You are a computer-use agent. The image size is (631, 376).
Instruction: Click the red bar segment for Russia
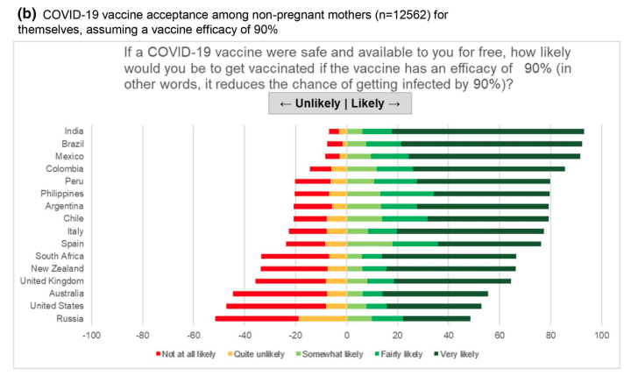tap(257, 318)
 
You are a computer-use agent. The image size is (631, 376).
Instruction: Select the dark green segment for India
tap(488, 131)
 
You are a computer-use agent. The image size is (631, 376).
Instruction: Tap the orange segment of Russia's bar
tap(323, 318)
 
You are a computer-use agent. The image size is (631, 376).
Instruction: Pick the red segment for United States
tap(276, 306)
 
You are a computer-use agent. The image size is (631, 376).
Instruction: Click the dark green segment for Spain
tap(489, 244)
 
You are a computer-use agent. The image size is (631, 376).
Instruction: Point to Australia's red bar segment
tap(280, 294)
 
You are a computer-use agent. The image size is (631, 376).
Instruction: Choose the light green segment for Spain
tap(370, 244)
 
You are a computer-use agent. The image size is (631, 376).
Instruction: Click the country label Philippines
tap(62, 194)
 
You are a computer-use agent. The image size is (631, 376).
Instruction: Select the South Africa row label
tap(60, 256)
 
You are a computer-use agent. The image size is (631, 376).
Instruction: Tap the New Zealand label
tap(58, 268)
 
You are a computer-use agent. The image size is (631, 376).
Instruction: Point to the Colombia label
tap(64, 168)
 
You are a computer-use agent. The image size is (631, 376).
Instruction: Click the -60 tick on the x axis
tap(193, 336)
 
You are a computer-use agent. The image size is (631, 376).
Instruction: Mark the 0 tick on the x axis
tap(346, 336)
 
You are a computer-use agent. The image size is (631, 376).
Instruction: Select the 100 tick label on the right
tap(601, 336)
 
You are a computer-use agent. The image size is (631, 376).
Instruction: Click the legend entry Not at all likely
tap(186, 354)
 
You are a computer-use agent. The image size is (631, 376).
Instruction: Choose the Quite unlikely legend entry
tap(256, 354)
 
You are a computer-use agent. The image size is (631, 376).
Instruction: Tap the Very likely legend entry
tap(457, 354)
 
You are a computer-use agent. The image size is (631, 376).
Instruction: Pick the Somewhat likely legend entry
tap(330, 354)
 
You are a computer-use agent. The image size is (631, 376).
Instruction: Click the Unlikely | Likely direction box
tap(340, 103)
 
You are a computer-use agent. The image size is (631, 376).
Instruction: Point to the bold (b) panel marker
tap(26, 14)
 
